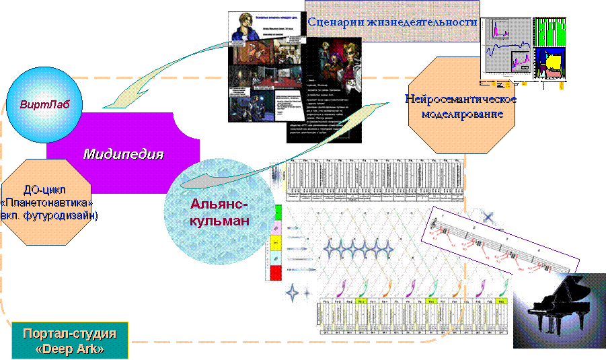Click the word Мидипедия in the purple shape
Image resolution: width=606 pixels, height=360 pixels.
click(123, 154)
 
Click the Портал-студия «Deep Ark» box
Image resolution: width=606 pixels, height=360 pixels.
click(70, 342)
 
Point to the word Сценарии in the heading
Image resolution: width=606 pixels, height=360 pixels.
click(336, 22)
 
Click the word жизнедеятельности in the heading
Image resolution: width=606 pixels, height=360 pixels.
click(422, 22)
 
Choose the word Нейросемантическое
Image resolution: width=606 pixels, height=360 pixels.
click(461, 100)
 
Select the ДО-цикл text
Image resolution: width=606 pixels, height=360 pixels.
click(47, 190)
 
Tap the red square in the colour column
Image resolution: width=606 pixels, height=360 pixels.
click(275, 273)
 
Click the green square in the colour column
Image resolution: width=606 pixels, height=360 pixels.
click(276, 211)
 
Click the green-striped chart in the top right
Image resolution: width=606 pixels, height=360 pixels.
click(550, 31)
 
